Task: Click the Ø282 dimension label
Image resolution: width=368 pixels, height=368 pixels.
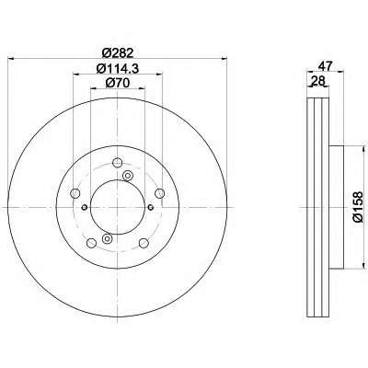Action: [x=118, y=53]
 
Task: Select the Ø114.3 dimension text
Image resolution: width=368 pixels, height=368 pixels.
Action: [x=118, y=68]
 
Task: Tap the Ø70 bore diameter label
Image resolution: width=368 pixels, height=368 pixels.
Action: [x=118, y=83]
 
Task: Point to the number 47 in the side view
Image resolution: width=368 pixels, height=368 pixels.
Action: [x=326, y=66]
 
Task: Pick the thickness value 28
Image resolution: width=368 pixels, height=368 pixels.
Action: [x=317, y=81]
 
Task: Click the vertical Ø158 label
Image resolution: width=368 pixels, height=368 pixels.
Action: [x=358, y=207]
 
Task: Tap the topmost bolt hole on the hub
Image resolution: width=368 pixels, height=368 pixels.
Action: [x=118, y=162]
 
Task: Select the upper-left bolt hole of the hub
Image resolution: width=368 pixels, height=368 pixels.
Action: [x=75, y=193]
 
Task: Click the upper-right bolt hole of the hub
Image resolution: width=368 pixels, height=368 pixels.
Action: [x=160, y=193]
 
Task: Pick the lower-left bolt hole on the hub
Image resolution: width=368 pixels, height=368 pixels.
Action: [x=91, y=243]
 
